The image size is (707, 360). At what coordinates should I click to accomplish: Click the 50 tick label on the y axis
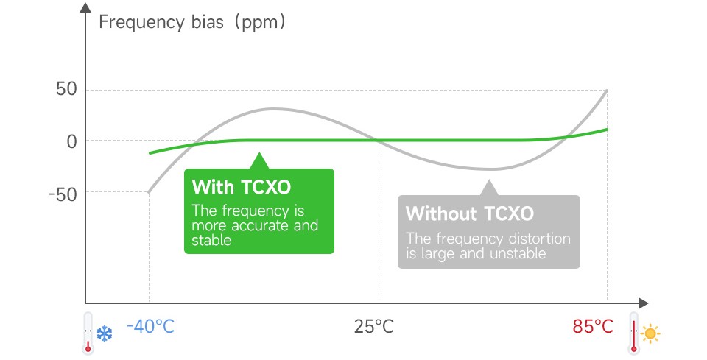click(67, 89)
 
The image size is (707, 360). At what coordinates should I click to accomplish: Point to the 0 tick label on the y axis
click(71, 141)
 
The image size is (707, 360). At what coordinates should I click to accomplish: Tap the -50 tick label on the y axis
click(63, 194)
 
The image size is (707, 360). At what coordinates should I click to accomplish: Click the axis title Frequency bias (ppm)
click(192, 22)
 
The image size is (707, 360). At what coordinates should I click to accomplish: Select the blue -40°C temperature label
click(150, 325)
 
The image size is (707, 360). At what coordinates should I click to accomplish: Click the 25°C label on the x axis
click(374, 325)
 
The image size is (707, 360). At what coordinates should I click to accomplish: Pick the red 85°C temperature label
click(593, 325)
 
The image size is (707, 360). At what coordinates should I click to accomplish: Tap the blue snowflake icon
click(105, 334)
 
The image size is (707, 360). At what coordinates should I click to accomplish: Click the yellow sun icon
click(650, 334)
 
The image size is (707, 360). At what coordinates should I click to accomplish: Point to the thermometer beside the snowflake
click(88, 333)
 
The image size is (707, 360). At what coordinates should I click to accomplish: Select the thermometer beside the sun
click(634, 333)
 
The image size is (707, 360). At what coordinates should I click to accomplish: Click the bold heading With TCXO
click(242, 187)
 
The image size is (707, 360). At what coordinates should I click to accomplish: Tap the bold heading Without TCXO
click(469, 213)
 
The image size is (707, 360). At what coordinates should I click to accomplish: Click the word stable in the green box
click(211, 240)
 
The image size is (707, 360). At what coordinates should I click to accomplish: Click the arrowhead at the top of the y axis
click(85, 7)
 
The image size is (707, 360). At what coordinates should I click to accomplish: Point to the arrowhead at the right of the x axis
click(644, 303)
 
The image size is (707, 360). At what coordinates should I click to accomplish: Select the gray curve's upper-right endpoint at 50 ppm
click(607, 91)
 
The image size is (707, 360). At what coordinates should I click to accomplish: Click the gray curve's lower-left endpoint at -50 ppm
click(150, 192)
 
